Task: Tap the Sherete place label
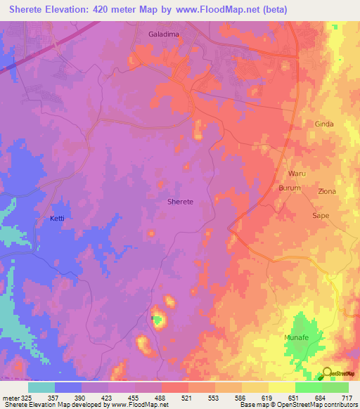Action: (181, 202)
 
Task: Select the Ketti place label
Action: (57, 219)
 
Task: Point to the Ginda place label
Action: (323, 124)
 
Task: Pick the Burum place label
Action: (290, 188)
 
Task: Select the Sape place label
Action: (321, 216)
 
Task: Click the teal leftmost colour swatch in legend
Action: (41, 387)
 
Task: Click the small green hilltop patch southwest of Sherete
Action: (157, 320)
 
